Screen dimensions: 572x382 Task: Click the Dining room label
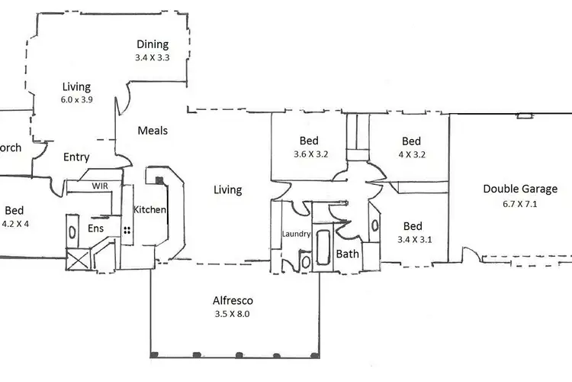point(153,44)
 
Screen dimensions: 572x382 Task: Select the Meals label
point(153,131)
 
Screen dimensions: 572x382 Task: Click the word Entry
point(76,157)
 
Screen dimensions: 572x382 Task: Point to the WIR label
point(100,186)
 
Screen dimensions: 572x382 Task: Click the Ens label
point(96,228)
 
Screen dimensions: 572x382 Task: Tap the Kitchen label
point(149,210)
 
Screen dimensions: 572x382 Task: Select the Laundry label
point(296,234)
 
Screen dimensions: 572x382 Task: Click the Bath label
point(347,254)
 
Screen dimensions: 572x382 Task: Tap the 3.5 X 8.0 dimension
point(233,313)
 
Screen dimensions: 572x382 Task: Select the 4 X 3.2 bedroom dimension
point(412,154)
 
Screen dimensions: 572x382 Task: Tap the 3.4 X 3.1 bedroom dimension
point(415,239)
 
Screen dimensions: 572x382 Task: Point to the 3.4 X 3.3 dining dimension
point(153,57)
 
